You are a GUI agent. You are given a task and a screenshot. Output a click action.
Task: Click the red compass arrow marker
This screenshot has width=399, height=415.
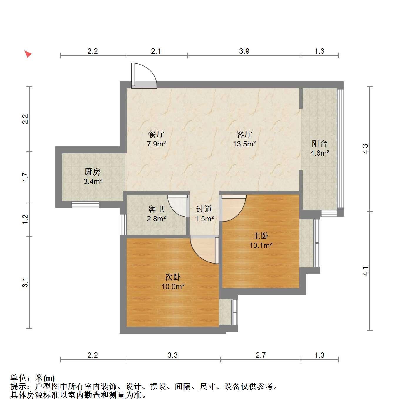[28, 54]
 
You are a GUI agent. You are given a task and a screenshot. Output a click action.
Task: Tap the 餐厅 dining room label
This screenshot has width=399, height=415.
[156, 134]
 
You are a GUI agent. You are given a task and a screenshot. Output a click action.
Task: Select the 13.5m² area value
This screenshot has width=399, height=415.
[244, 144]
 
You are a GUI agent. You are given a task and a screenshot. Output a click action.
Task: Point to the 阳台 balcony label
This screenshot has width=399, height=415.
[319, 143]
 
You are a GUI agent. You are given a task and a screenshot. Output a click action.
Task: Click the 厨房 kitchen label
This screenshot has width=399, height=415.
[93, 172]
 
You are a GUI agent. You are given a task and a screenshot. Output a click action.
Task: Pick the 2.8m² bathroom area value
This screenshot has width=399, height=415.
[156, 219]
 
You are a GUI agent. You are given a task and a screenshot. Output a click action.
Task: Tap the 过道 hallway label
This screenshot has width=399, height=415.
[204, 209]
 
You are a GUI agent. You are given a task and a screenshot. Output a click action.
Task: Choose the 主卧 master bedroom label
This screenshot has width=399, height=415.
[261, 236]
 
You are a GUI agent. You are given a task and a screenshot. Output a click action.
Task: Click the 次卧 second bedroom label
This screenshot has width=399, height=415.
[173, 277]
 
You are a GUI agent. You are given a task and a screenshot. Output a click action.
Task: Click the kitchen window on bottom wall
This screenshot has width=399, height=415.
[85, 205]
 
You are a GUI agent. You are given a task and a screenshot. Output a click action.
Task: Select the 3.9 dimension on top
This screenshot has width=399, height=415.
[244, 51]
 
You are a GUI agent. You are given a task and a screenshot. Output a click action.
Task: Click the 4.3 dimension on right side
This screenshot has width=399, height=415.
[366, 149]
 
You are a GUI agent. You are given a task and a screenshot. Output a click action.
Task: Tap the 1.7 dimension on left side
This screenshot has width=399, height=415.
[25, 177]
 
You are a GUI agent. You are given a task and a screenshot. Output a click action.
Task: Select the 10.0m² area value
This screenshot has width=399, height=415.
[173, 286]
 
